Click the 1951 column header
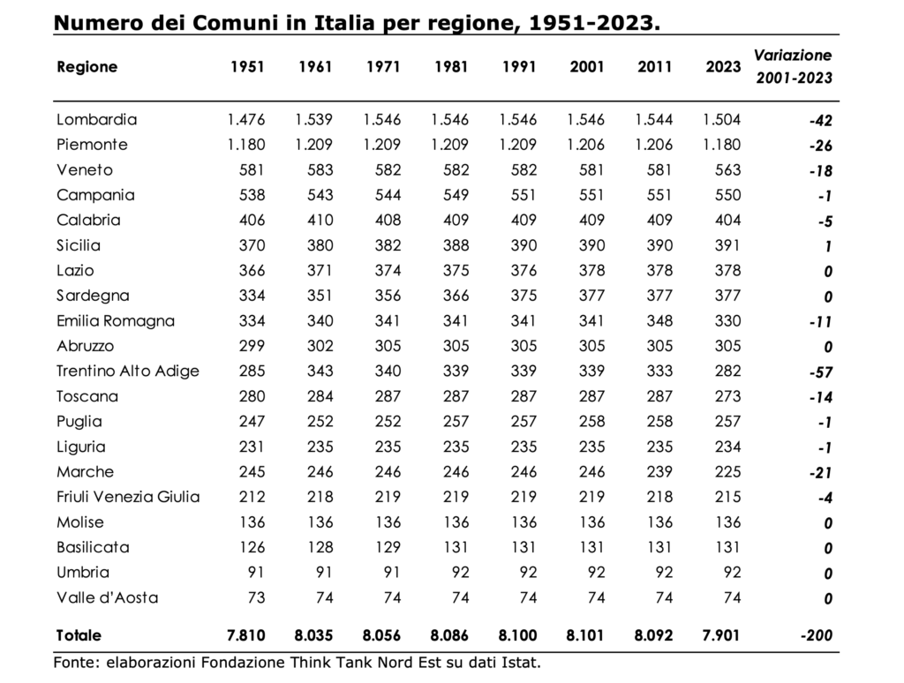pyautogui.click(x=247, y=67)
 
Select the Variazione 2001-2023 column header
pyautogui.click(x=794, y=66)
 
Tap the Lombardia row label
pyautogui.click(x=97, y=119)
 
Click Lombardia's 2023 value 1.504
pyautogui.click(x=722, y=119)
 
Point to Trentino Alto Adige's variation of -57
pyautogui.click(x=821, y=372)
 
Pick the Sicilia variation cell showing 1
pyautogui.click(x=828, y=246)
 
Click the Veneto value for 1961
pyautogui.click(x=320, y=170)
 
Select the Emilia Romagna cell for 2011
pyautogui.click(x=659, y=321)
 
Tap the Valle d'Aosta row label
pyautogui.click(x=107, y=597)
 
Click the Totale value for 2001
pyautogui.click(x=585, y=635)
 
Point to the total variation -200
pyautogui.click(x=817, y=635)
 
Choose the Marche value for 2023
pyautogui.click(x=727, y=472)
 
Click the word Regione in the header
pyautogui.click(x=87, y=67)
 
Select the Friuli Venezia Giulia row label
pyautogui.click(x=128, y=497)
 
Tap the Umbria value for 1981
pyautogui.click(x=461, y=573)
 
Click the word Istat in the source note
pyautogui.click(x=523, y=663)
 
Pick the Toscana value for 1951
pyautogui.click(x=252, y=396)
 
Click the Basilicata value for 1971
pyautogui.click(x=388, y=548)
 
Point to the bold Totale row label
pyautogui.click(x=79, y=635)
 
